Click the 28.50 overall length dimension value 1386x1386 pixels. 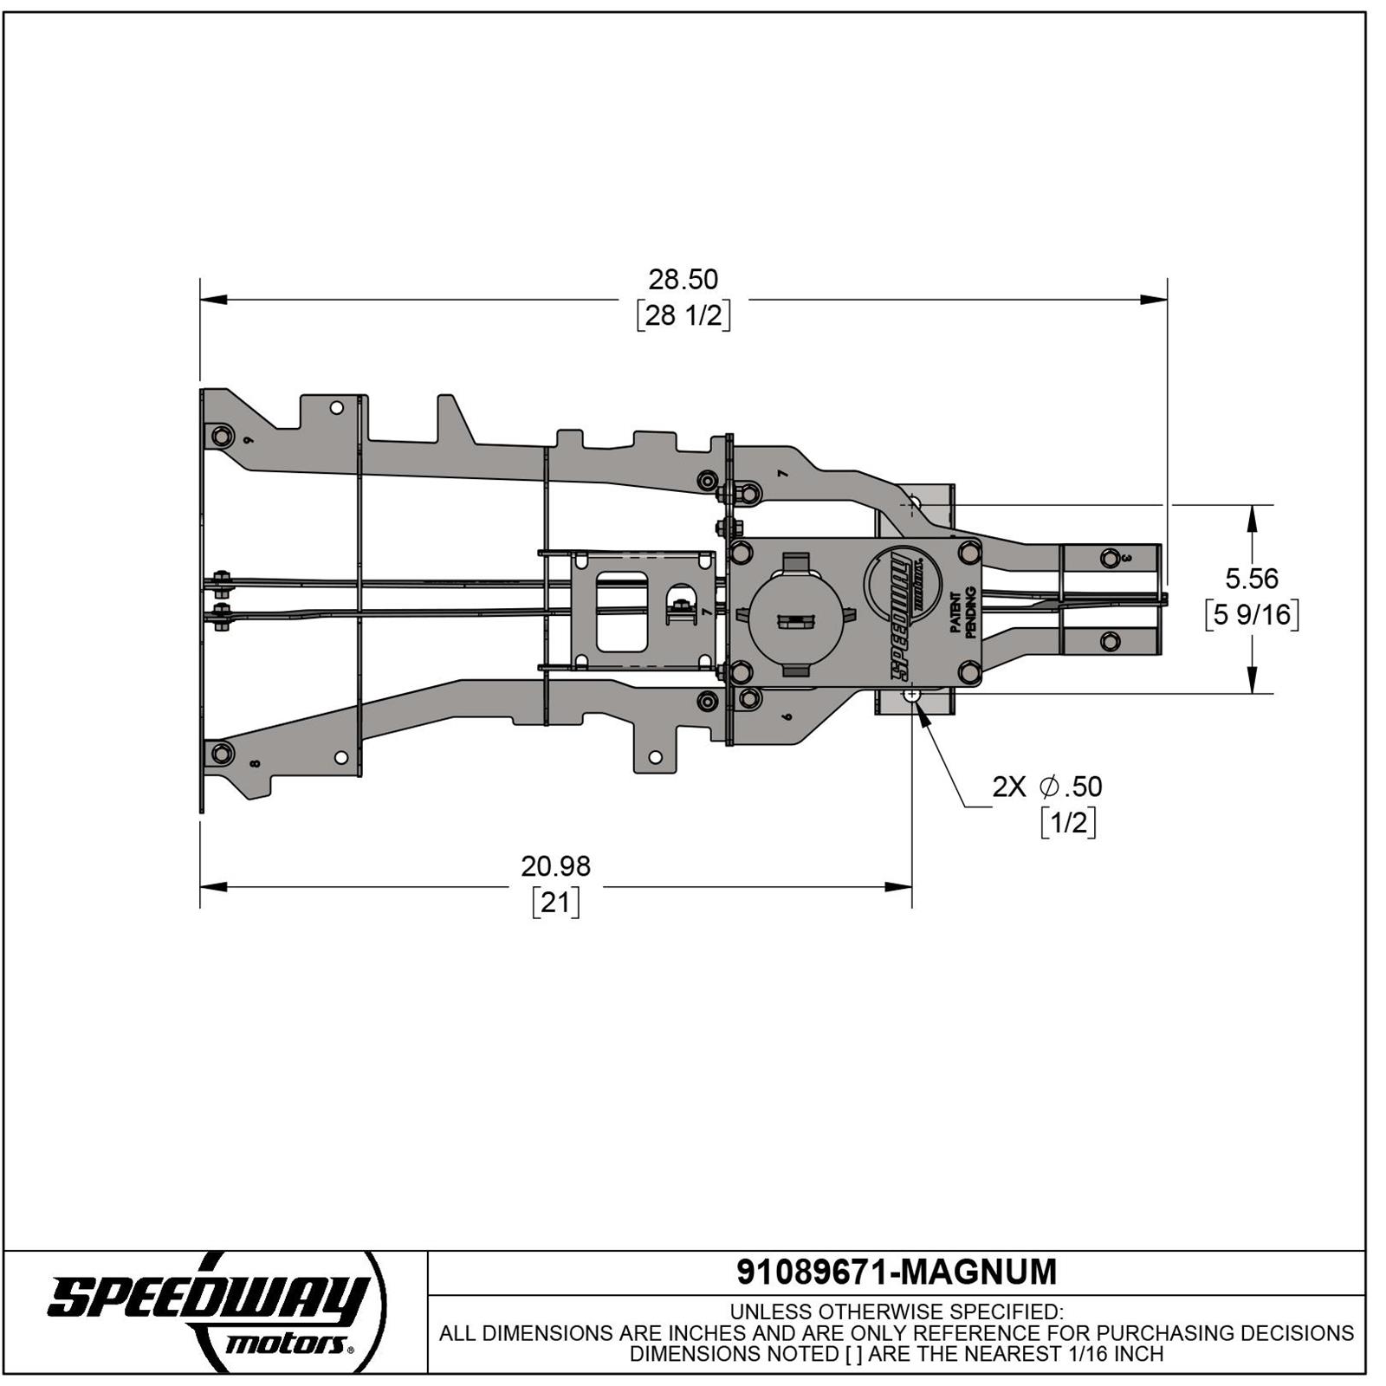coord(683,280)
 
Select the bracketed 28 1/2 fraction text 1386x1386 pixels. coord(683,315)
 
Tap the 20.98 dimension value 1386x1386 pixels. coord(555,866)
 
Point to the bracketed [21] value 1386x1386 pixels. coord(555,903)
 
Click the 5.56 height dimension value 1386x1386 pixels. coord(1252,578)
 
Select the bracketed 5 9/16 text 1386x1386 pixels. coord(1252,615)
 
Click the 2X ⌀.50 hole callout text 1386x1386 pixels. coord(1047,787)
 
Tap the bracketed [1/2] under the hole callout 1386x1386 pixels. coord(1068,822)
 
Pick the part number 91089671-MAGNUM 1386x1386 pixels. coord(897,1272)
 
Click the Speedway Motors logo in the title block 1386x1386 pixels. coord(212,1310)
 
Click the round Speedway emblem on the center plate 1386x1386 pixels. coord(906,585)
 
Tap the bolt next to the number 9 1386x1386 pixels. coord(222,436)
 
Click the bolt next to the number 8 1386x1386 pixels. coord(222,753)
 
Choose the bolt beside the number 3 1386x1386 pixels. coord(1110,559)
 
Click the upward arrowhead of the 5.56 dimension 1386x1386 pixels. coord(1252,517)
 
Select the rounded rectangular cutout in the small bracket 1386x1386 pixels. coord(622,612)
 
